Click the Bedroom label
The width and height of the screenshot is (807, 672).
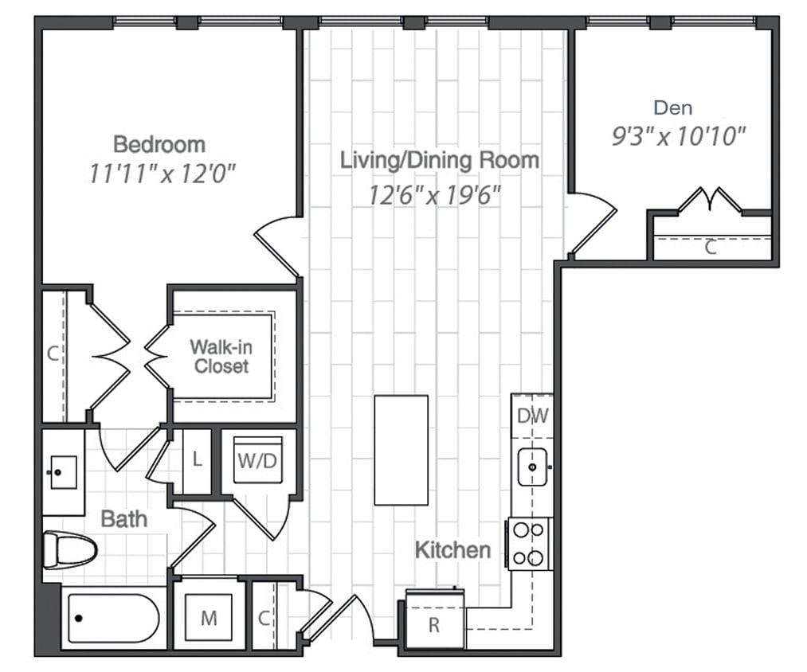tap(159, 144)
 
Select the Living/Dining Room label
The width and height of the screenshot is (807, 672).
tap(439, 159)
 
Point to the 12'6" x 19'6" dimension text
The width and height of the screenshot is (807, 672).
tap(434, 194)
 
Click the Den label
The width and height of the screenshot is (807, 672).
tap(672, 107)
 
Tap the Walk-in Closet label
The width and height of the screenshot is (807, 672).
tap(221, 357)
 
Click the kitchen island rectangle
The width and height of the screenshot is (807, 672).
tap(401, 450)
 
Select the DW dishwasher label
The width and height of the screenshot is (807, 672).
tap(531, 416)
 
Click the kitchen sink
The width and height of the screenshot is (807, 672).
tap(531, 466)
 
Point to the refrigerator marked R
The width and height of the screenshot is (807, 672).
tap(434, 624)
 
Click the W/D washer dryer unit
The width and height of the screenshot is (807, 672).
tap(257, 461)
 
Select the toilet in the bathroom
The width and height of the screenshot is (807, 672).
tap(70, 549)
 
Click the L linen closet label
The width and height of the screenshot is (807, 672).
tap(197, 460)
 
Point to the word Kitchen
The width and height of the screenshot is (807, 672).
tap(452, 549)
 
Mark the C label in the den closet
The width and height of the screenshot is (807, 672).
tap(711, 248)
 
